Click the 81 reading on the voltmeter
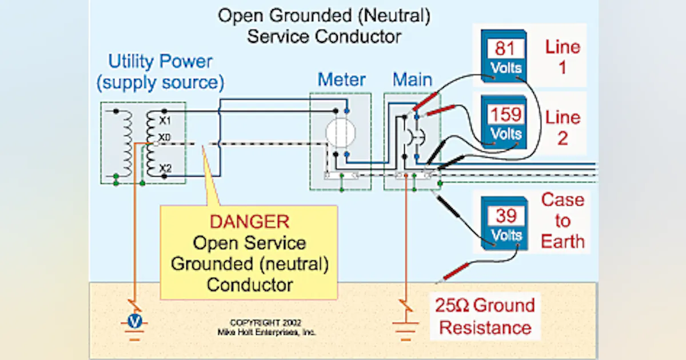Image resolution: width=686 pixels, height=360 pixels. pos(505,48)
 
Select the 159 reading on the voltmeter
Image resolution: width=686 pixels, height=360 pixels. pos(505,115)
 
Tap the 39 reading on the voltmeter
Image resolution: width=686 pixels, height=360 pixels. pos(505,215)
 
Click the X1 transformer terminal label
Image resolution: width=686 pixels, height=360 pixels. pos(165,121)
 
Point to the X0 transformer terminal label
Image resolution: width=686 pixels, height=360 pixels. pos(165,138)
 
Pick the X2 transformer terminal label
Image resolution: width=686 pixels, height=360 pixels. pos(165,167)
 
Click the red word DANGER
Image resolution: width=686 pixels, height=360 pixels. pos(249,222)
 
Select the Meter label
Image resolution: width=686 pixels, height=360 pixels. pos(341,79)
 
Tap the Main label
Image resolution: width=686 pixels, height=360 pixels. pos(412,79)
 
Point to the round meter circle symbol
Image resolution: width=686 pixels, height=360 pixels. pos(341,133)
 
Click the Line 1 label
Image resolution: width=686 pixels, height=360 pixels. pos(562,57)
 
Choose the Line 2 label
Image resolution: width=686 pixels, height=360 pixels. pos(562,127)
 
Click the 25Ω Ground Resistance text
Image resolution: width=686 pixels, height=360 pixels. pos(485,316)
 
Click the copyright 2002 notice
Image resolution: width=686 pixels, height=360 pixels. pos(266,327)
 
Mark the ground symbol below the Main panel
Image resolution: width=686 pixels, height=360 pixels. pos(405,327)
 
